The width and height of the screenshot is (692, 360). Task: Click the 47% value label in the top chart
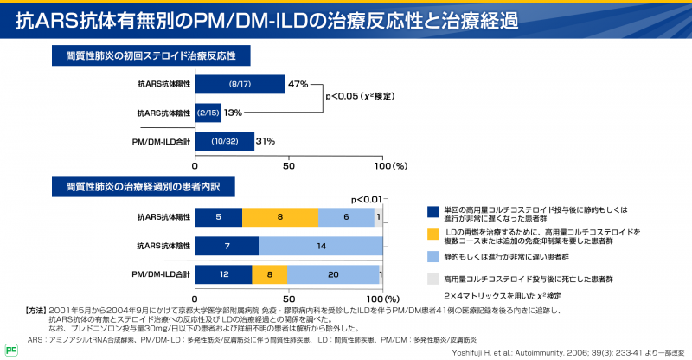point(298,84)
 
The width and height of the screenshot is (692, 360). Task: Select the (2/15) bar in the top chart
point(208,112)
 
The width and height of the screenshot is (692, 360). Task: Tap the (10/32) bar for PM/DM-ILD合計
point(224,141)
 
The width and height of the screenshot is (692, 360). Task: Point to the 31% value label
point(266,141)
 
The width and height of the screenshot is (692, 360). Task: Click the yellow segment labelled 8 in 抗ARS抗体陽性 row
point(279,217)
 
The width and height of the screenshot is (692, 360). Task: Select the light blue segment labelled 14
point(321,246)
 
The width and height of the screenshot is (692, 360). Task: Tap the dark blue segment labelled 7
point(227,246)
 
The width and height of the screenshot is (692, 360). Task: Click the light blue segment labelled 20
point(333,274)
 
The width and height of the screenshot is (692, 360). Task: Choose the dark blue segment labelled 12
point(223,274)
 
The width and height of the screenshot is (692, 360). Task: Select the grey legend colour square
point(433,280)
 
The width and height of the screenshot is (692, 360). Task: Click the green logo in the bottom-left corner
point(10,350)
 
